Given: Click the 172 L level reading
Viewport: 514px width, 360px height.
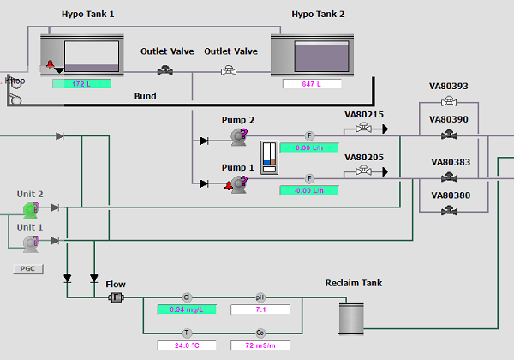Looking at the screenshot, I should click(81, 84).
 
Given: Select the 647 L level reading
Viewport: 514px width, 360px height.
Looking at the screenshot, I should click(312, 84).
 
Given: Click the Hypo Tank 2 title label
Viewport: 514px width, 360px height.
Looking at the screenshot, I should click(318, 15).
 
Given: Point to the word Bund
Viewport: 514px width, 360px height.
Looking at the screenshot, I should click(145, 96).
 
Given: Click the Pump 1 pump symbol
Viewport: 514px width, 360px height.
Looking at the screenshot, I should click(237, 182).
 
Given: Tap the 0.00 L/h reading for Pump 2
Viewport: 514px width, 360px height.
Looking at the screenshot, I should click(309, 147).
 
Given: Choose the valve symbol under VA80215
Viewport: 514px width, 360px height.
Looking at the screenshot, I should click(363, 129).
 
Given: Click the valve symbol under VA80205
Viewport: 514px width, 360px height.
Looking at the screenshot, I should click(363, 171).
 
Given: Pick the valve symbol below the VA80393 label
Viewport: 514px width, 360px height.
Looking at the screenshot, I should click(448, 103).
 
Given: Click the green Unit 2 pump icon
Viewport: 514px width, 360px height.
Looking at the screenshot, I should click(31, 208).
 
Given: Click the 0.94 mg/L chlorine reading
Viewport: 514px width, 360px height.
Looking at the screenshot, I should click(186, 309).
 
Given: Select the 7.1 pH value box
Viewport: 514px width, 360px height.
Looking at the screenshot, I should click(260, 309).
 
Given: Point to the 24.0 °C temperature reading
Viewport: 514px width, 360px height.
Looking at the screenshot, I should click(186, 345).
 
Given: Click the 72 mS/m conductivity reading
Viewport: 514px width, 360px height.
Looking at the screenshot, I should click(260, 345).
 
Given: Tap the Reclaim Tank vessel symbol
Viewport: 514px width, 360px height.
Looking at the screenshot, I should click(350, 318).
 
